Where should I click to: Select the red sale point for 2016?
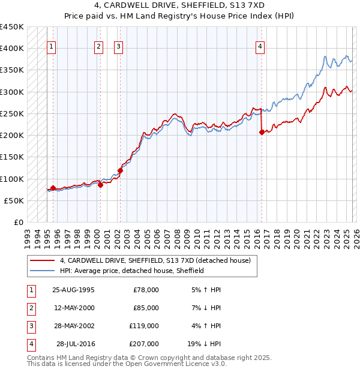click(x=262, y=133)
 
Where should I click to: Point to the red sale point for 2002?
click(x=120, y=170)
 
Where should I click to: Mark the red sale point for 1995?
click(x=53, y=188)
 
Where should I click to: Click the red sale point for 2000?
click(x=100, y=185)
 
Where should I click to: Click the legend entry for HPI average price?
click(x=132, y=271)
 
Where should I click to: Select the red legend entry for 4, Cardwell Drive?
click(x=150, y=260)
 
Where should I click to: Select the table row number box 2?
click(x=31, y=308)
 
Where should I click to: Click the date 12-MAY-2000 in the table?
click(x=74, y=308)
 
